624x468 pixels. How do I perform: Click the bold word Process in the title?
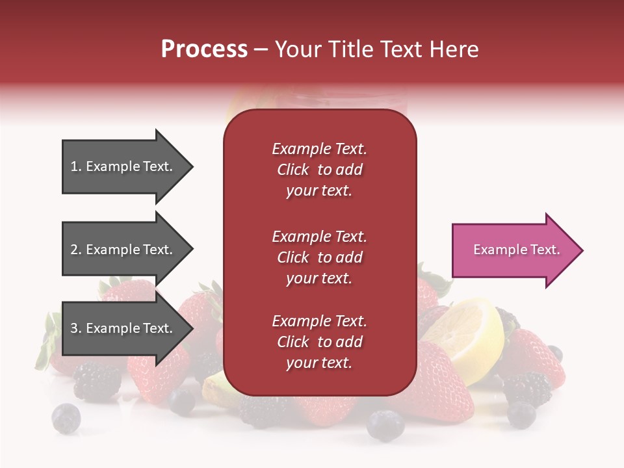[x=204, y=49]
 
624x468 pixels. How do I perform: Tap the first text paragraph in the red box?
[x=319, y=170]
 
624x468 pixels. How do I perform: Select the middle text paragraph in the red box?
[x=319, y=257]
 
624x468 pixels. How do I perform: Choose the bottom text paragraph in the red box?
[x=319, y=342]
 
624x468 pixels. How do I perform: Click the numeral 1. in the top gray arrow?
[x=76, y=166]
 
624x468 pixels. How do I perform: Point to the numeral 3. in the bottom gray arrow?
[x=76, y=328]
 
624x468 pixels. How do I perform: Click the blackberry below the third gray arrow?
[x=97, y=380]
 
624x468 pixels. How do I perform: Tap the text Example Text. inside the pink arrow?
[x=517, y=250]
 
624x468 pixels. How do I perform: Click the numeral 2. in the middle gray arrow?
[x=76, y=250]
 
